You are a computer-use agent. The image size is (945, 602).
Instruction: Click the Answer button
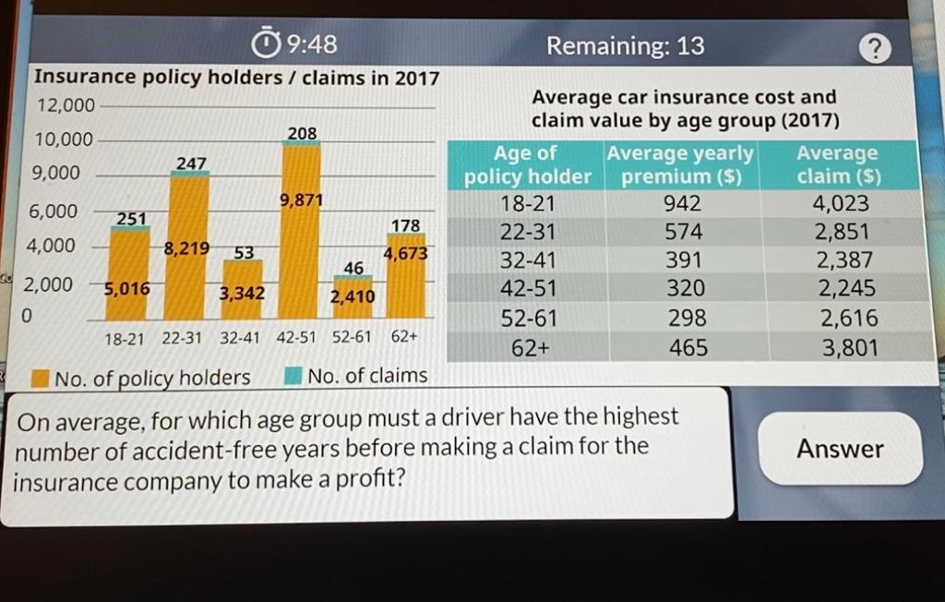(840, 449)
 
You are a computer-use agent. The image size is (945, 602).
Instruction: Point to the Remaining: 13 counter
(625, 45)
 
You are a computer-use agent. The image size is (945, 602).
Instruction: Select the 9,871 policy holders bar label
(301, 200)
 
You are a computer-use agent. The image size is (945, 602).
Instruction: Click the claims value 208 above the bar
(302, 135)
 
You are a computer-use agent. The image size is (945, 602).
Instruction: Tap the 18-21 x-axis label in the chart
(124, 339)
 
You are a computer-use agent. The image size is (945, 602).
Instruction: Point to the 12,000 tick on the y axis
(65, 106)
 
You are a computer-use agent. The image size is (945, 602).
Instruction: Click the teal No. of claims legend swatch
(293, 377)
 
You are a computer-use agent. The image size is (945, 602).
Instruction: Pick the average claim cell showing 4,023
(837, 202)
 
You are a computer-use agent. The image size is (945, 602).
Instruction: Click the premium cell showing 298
(688, 319)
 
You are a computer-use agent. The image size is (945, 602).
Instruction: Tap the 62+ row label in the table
(529, 348)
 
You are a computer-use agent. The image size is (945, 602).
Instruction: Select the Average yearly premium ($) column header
(680, 163)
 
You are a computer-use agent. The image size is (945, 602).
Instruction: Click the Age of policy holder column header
(527, 164)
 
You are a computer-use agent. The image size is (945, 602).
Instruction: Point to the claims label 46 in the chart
(353, 268)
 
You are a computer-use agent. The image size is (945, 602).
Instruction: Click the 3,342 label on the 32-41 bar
(242, 295)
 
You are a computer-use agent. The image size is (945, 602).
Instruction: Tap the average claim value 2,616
(837, 319)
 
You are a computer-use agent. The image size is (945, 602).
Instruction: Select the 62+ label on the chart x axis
(405, 338)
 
